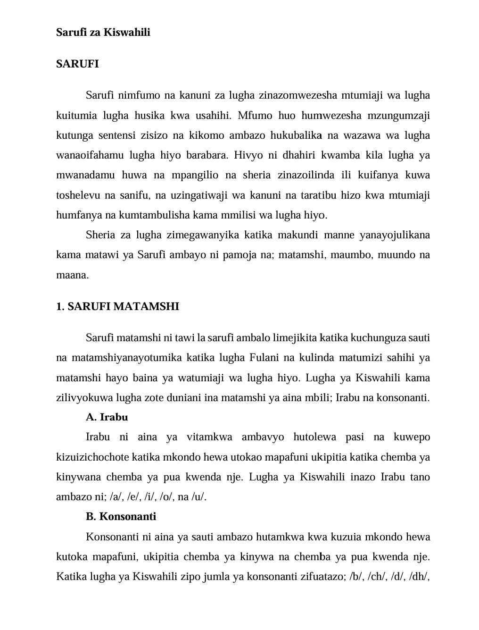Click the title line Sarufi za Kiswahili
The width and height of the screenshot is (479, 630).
coord(103,32)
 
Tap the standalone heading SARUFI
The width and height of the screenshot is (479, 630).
coord(77,64)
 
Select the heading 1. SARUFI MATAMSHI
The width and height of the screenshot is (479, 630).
coord(117,306)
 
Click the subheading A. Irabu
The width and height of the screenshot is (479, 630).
coord(107,417)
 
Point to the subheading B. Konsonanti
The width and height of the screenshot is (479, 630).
coord(121,516)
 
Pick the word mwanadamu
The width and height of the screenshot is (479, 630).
coord(85,175)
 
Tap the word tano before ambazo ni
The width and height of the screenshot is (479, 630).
coord(420,477)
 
